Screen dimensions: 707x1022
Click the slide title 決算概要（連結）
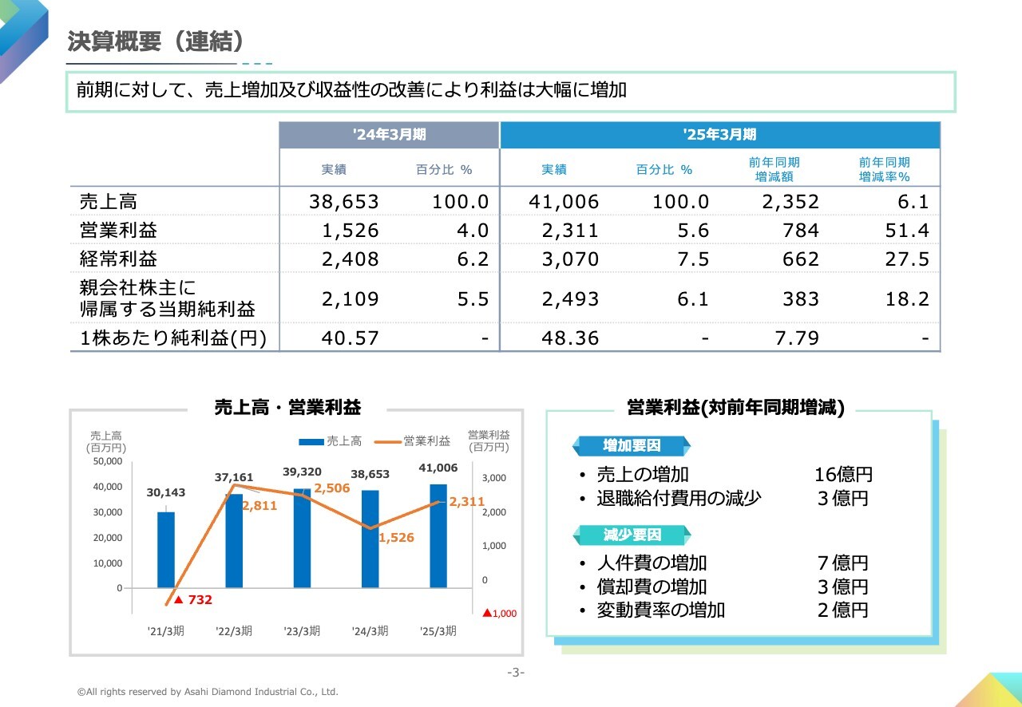(x=156, y=41)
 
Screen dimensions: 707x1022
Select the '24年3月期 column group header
(x=389, y=135)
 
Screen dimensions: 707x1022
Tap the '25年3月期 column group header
(x=719, y=135)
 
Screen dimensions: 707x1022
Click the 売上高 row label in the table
(x=109, y=202)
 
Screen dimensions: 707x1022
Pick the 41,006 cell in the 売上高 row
(x=564, y=202)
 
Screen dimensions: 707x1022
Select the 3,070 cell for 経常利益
(x=569, y=259)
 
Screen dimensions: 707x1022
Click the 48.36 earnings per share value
(x=569, y=338)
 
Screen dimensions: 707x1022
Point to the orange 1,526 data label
(x=396, y=538)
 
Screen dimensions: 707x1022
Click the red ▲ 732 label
(x=193, y=600)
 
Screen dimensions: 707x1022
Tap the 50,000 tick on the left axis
(x=108, y=461)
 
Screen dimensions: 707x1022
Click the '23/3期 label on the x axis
(x=302, y=631)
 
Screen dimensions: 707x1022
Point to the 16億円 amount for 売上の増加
(x=843, y=475)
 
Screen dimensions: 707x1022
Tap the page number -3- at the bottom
(x=516, y=672)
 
